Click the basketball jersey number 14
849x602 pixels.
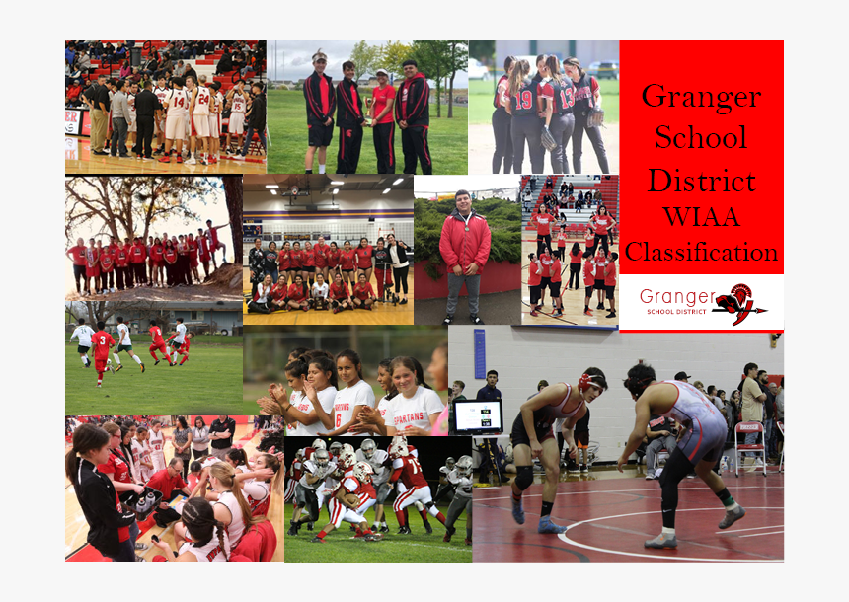178,100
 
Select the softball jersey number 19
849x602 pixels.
523,99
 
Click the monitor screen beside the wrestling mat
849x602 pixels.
478,415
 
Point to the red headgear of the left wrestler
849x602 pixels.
591,381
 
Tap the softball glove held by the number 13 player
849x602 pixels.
595,117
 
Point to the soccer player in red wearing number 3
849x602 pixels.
102,348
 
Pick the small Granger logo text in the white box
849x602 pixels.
676,297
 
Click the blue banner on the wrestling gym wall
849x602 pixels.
479,352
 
